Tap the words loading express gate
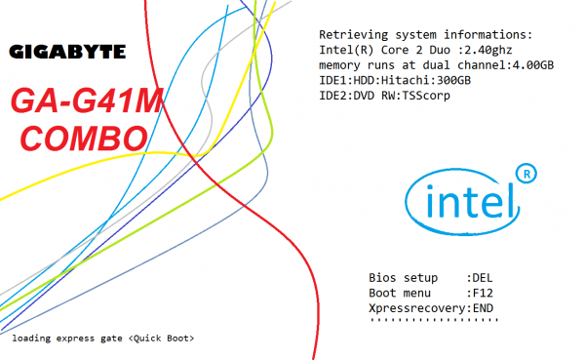(68, 338)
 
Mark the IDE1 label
(334, 80)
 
